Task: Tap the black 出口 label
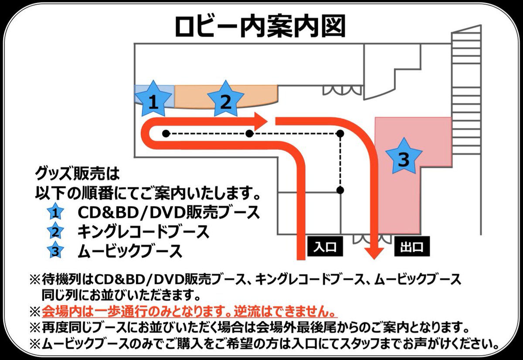(x=412, y=247)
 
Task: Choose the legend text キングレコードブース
(x=143, y=231)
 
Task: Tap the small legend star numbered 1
(x=56, y=213)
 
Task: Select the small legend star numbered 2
(x=56, y=232)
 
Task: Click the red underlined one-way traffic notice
(x=190, y=312)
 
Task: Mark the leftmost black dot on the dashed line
(x=166, y=133)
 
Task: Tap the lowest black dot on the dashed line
(x=341, y=190)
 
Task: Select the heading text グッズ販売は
(x=77, y=176)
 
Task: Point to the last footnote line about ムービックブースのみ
(x=270, y=343)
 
